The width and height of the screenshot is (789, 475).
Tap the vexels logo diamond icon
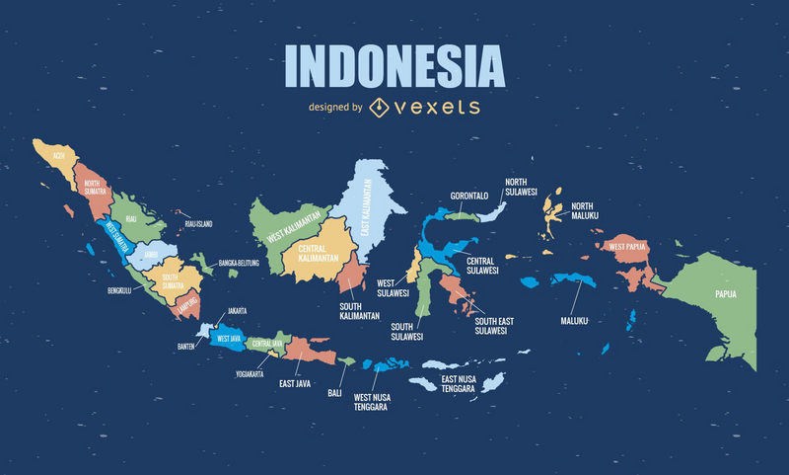(x=379, y=108)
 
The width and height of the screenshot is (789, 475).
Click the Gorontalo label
(x=469, y=196)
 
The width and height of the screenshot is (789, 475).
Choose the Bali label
(x=335, y=392)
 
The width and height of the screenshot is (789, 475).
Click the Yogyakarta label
(x=250, y=375)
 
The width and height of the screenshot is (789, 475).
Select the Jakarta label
(x=237, y=311)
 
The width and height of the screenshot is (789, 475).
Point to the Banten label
(x=186, y=346)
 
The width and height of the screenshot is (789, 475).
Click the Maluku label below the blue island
(x=574, y=320)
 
